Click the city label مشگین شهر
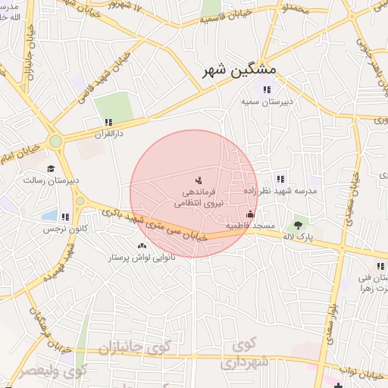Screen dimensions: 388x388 click(x=240, y=70)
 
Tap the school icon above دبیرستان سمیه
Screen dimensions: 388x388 click(x=268, y=89)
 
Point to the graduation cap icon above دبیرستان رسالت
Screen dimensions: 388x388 click(x=51, y=169)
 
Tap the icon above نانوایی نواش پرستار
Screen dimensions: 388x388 click(x=142, y=246)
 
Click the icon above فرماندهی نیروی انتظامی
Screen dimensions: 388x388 click(x=198, y=180)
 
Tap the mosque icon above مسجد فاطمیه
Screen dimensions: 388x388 click(x=250, y=214)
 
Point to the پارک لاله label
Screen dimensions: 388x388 click(x=298, y=237)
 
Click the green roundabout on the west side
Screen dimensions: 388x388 click(x=55, y=141)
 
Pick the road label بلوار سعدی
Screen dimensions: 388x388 click(x=332, y=315)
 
